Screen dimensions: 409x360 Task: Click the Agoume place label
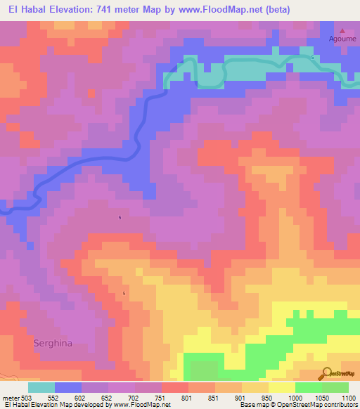(343, 39)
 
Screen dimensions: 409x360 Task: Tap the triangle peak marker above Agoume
(343, 31)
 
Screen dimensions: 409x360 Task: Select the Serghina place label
(52, 344)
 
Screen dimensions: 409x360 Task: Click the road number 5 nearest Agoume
(311, 57)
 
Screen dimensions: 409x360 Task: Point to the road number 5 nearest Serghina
(124, 293)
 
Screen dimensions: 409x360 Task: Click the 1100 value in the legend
(349, 397)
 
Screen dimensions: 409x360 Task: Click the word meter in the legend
(11, 397)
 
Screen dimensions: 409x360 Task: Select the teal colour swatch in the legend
(41, 387)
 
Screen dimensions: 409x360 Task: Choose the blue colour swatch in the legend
(68, 387)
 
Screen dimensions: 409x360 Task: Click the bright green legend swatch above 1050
(308, 387)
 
